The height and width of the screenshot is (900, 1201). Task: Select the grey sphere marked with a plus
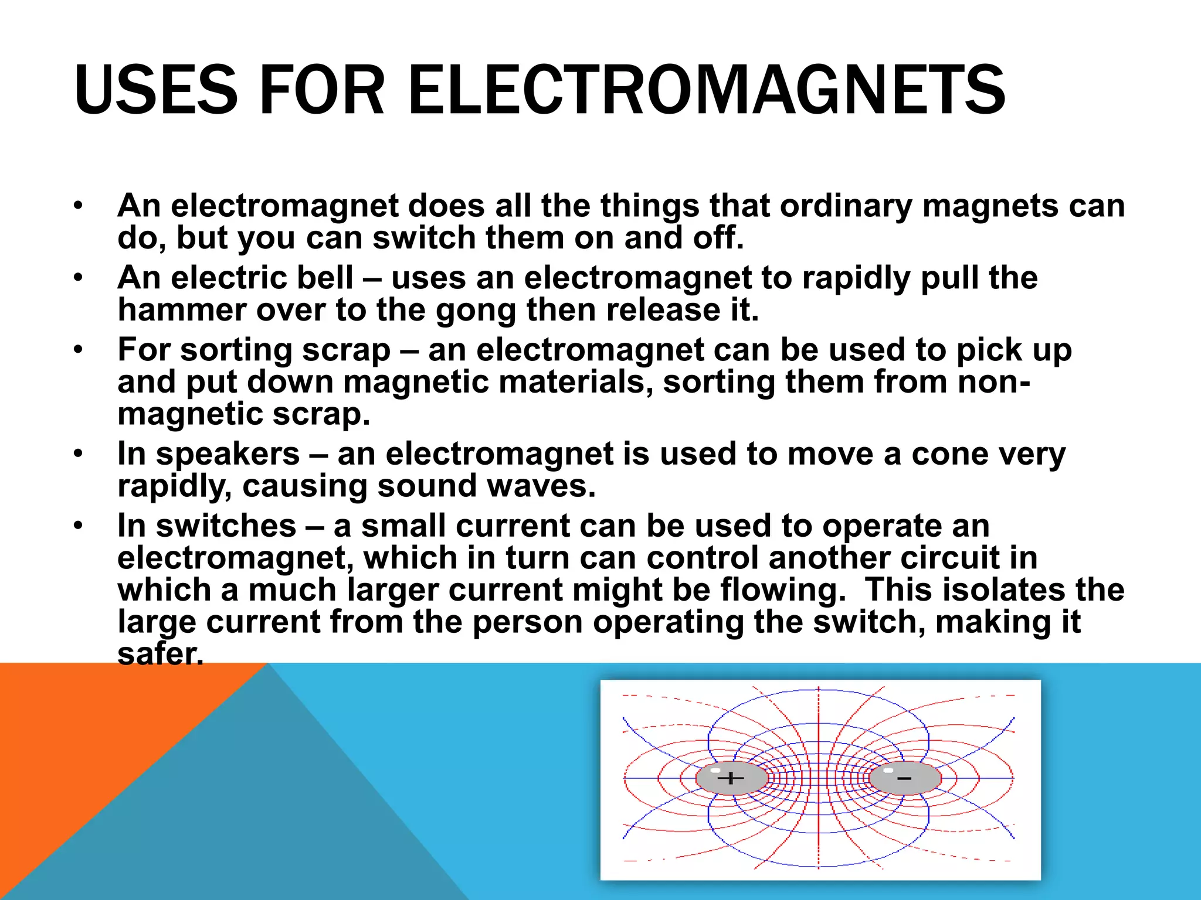click(731, 778)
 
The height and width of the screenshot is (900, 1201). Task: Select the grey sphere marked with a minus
click(905, 778)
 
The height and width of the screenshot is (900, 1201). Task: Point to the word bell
click(325, 278)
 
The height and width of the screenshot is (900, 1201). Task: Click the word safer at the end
click(160, 654)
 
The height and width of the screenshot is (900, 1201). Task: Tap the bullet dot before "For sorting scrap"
click(79, 350)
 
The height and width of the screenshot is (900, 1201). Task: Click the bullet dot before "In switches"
click(79, 526)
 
